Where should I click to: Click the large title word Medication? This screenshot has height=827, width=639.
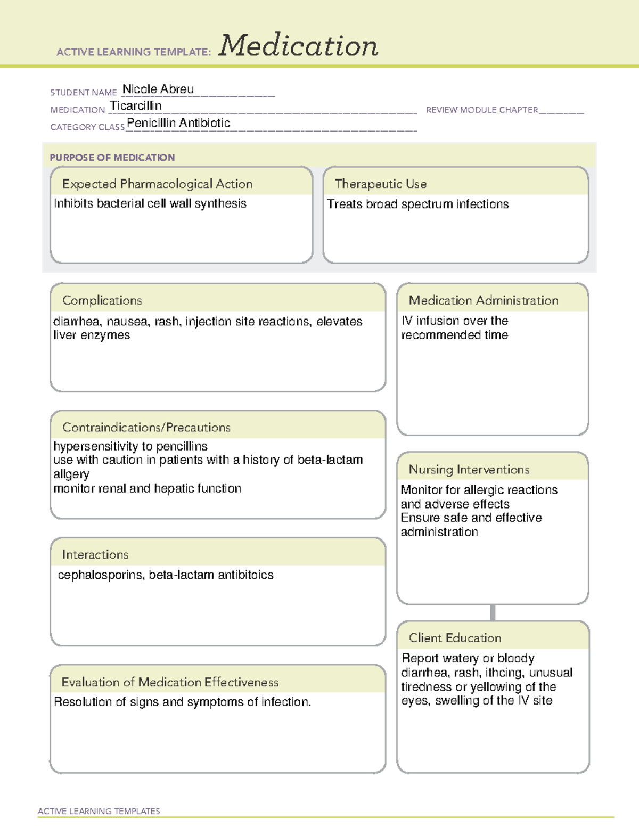(x=298, y=46)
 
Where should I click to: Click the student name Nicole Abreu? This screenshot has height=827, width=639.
(x=158, y=89)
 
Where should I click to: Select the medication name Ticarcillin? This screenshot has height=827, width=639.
(x=136, y=106)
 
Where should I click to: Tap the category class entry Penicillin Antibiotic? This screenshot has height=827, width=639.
(x=178, y=123)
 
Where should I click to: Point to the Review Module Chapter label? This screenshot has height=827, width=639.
(x=482, y=110)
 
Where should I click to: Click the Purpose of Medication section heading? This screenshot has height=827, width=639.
(x=112, y=158)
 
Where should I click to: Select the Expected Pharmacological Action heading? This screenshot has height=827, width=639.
(x=157, y=184)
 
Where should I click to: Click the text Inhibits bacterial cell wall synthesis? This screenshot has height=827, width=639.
(x=150, y=203)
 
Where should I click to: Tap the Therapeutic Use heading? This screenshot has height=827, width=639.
(x=381, y=184)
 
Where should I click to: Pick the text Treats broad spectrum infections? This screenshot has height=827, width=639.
(x=417, y=204)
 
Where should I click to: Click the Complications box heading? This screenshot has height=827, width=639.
(x=102, y=300)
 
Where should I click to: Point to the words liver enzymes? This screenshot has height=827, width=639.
(x=92, y=335)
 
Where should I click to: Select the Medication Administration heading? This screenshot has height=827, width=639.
(x=484, y=300)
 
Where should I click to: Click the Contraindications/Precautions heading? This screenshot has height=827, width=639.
(x=146, y=427)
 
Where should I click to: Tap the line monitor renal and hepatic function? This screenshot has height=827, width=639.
(x=147, y=488)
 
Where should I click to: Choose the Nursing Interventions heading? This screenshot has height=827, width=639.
(x=469, y=469)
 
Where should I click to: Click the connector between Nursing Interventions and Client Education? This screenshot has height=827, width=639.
(x=493, y=612)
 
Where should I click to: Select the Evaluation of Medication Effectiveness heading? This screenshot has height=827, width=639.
(x=170, y=682)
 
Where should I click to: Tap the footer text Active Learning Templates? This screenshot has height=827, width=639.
(x=99, y=811)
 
